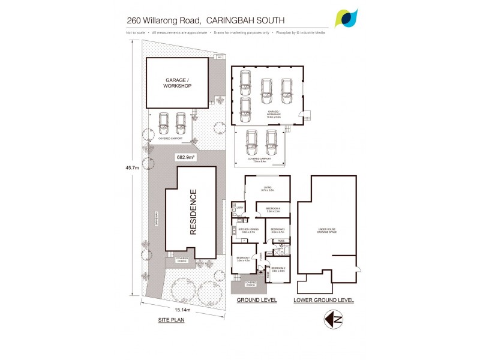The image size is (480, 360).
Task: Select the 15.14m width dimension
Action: (182, 310)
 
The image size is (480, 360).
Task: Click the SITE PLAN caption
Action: (172, 320)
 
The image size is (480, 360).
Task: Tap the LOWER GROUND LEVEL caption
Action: (324, 299)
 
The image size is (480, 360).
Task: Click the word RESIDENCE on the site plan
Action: (193, 212)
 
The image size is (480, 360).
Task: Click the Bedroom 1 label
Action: (243, 259)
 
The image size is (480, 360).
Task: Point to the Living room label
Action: (267, 190)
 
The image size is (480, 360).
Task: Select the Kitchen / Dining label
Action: (248, 230)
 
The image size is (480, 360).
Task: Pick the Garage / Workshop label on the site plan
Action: (177, 83)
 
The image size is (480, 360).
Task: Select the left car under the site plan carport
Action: (163, 123)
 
